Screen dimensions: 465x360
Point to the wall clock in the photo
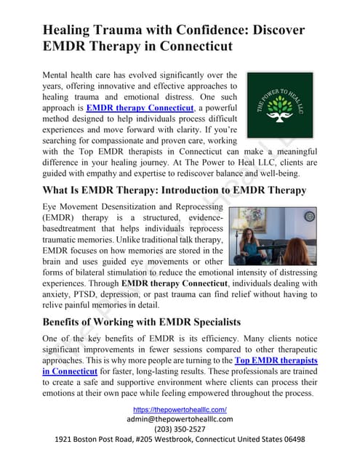point(309,217)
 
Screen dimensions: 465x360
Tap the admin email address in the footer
point(180,419)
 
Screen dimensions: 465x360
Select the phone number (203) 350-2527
point(180,429)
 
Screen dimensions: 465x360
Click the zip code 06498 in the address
point(289,440)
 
